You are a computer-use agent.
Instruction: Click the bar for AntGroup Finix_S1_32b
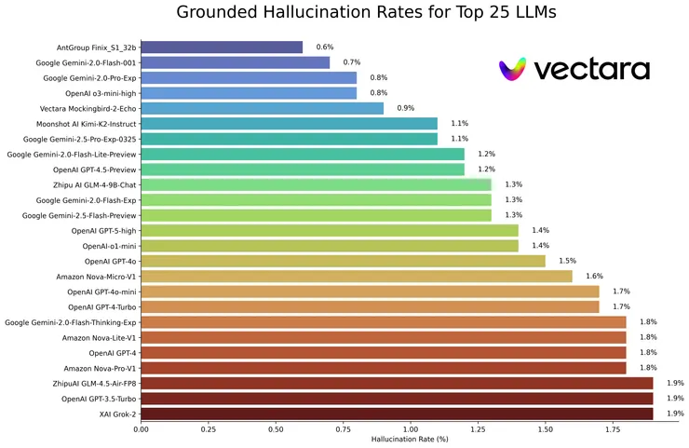pos(222,47)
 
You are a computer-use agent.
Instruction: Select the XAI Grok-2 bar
pos(397,414)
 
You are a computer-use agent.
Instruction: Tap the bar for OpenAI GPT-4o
pos(343,261)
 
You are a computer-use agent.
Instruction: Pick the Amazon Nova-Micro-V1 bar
pos(357,277)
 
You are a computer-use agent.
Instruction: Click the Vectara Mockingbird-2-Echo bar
pos(262,108)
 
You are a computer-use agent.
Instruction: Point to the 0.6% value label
pos(325,47)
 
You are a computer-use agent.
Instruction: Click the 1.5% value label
pos(567,261)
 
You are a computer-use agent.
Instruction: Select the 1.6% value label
pos(594,277)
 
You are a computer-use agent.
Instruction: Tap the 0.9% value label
pos(406,108)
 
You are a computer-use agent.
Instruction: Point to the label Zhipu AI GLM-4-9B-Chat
pos(89,184)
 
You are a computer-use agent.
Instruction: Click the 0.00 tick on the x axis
pos(141,430)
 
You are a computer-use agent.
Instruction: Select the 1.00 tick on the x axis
pos(411,430)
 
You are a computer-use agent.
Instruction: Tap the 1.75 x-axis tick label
pos(613,430)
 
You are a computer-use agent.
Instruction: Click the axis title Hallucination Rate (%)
pos(410,440)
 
